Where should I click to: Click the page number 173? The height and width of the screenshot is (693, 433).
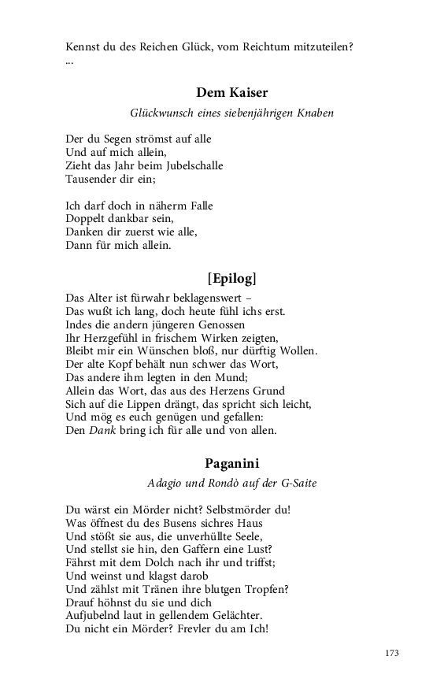[393, 654]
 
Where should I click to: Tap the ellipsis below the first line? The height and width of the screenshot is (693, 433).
[70, 61]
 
